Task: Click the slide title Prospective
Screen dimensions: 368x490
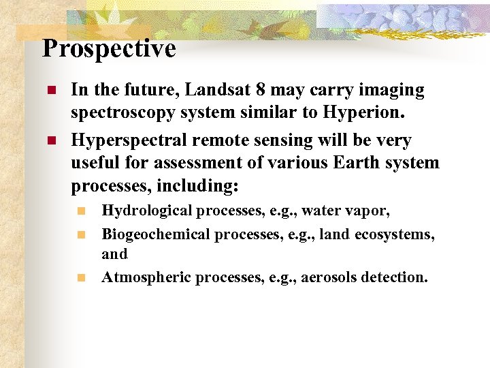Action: coord(109,49)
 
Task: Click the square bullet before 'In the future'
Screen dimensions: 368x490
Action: coord(50,91)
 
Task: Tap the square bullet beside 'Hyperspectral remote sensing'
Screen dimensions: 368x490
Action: coord(50,141)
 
